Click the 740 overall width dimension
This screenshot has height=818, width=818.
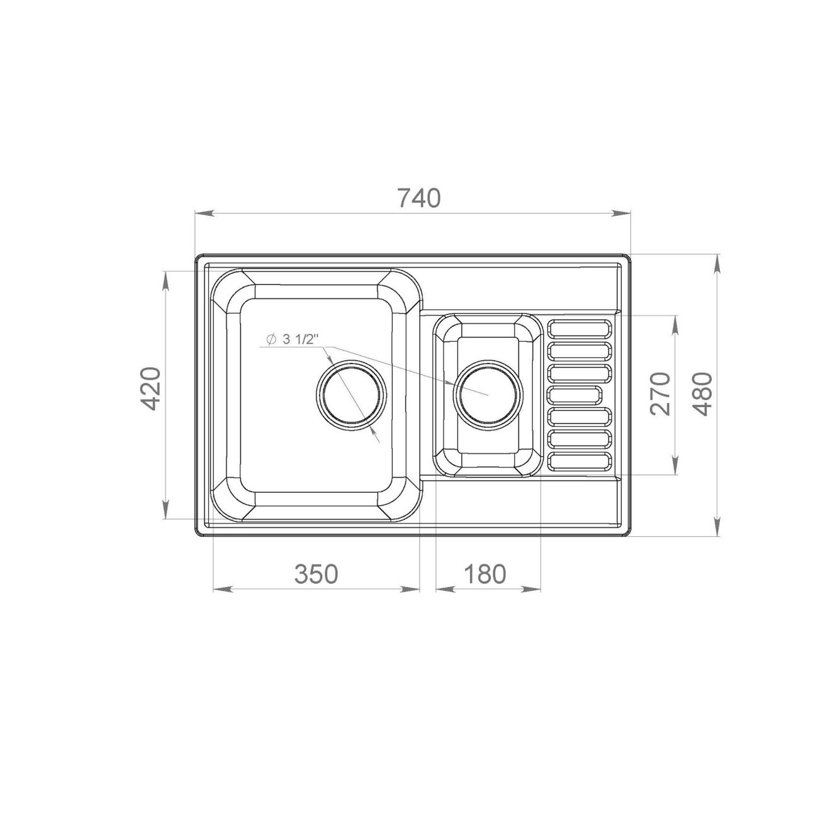click(x=419, y=198)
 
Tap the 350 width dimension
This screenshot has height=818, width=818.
click(x=317, y=574)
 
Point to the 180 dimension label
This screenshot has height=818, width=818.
click(x=485, y=574)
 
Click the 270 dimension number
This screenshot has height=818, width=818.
click(x=660, y=393)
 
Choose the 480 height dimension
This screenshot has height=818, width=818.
click(x=703, y=393)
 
